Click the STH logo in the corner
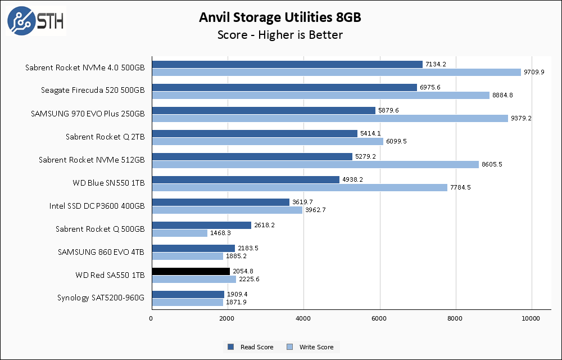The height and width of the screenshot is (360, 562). point(35,21)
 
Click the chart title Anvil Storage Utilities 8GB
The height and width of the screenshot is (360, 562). point(280,17)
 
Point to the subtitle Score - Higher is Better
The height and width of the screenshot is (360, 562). point(280,35)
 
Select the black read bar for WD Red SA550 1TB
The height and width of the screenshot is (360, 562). point(191,271)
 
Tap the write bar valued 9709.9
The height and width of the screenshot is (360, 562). point(336,72)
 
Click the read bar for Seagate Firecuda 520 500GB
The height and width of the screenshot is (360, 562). point(284,87)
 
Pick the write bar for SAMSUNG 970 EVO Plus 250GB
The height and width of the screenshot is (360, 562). point(330,118)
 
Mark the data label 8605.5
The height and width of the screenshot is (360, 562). point(492,164)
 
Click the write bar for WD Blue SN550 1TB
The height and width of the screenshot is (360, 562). point(300,187)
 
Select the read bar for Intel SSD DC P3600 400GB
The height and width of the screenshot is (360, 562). point(220,202)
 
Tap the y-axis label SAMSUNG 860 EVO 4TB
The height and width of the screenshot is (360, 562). point(101,252)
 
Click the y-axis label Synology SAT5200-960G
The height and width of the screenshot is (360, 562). point(101,298)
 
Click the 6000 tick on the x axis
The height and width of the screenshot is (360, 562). point(380,319)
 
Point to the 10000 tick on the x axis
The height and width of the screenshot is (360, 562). point(532,319)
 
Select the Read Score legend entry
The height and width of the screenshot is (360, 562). point(251,347)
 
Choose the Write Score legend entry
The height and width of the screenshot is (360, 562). point(311,347)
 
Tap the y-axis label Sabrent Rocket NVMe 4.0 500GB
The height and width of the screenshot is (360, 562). point(85,67)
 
